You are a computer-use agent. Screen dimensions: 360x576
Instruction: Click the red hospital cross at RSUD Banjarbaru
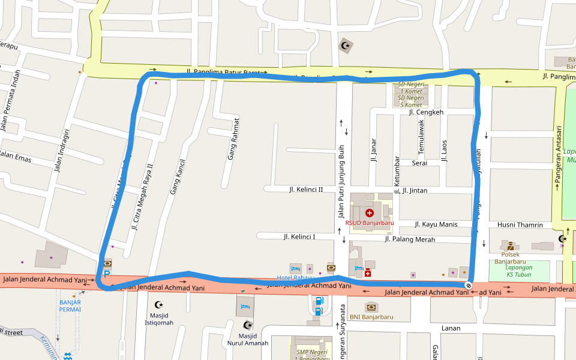[x=369, y=213]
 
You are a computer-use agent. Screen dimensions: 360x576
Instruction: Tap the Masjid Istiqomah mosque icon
[x=159, y=305]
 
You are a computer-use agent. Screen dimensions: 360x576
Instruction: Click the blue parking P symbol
[x=107, y=274]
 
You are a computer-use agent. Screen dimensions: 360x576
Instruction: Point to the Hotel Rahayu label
[x=295, y=278]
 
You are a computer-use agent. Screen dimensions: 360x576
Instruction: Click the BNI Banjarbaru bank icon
[x=371, y=307]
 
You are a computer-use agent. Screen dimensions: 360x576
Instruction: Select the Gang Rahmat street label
[x=232, y=137]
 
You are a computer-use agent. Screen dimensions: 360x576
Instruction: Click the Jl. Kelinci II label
[x=305, y=190]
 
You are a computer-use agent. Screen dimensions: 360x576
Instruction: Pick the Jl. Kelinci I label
[x=299, y=237]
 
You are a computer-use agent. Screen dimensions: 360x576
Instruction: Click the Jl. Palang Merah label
[x=410, y=239]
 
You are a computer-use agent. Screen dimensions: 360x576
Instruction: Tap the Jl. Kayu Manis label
[x=436, y=224]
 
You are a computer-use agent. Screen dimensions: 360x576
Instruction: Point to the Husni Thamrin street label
[x=520, y=225]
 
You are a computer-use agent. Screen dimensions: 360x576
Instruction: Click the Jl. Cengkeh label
[x=425, y=112]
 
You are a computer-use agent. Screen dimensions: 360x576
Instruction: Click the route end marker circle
[x=468, y=286]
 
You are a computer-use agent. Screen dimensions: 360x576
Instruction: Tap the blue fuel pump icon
[x=319, y=301]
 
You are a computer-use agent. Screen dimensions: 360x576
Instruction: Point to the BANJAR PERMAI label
[x=70, y=306]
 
